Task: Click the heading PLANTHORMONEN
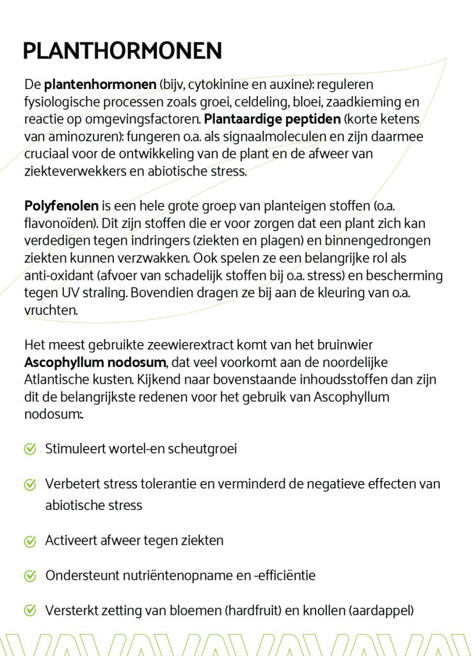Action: tap(122, 51)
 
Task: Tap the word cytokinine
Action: tap(207, 85)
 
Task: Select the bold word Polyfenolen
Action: tap(61, 206)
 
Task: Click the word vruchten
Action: tap(51, 310)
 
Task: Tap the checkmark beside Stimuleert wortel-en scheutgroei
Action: tap(29, 449)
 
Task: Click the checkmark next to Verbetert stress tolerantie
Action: tap(29, 484)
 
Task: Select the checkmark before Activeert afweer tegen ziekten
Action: tap(29, 541)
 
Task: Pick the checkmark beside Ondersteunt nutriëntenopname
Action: tap(29, 576)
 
